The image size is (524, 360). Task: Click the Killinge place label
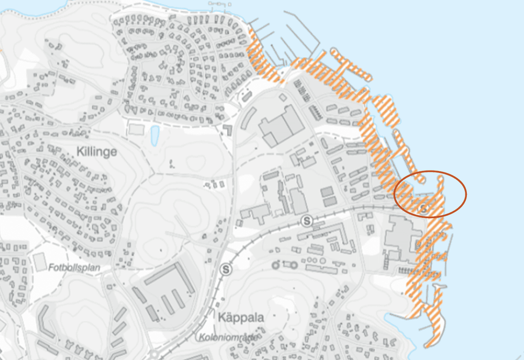97,152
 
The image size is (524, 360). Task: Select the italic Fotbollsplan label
73,267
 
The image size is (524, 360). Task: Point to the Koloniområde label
228,337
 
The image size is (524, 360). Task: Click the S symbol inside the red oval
424,209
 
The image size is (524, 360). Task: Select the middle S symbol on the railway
307,221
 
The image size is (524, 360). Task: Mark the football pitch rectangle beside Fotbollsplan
40,261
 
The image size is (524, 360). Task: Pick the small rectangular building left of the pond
136,128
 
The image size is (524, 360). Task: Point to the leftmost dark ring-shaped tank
276,266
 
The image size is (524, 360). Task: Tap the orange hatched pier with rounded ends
350,64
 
